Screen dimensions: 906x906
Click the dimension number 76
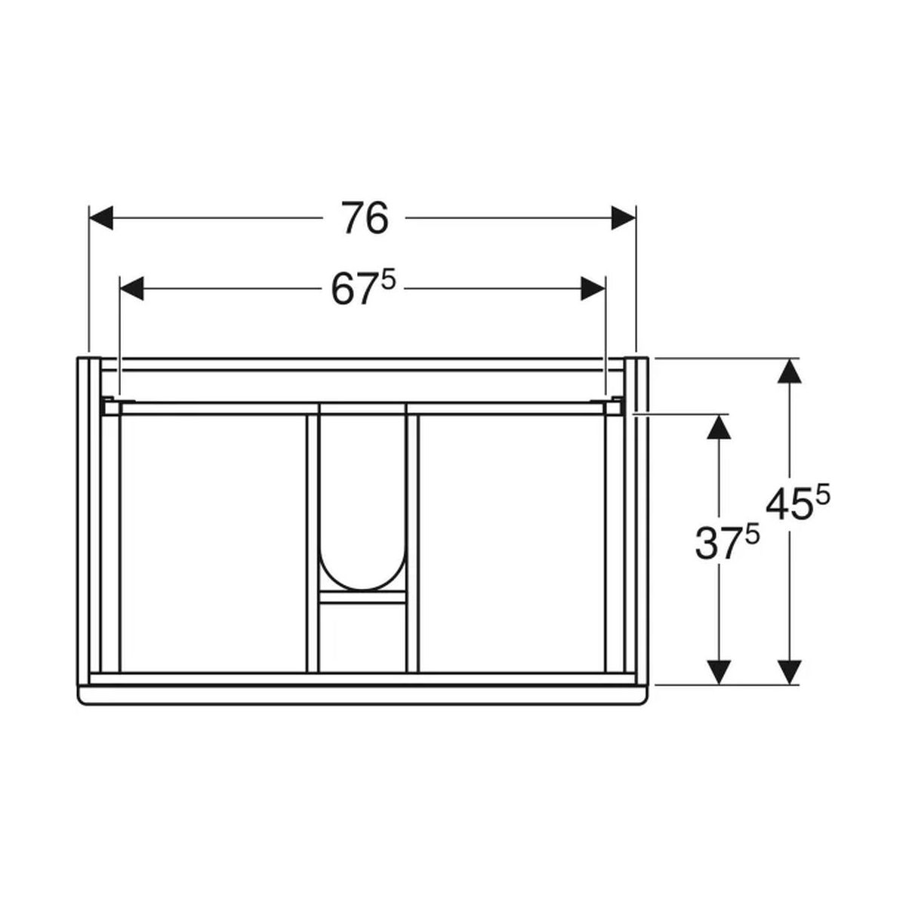365,217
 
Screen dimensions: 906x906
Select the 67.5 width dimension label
364,288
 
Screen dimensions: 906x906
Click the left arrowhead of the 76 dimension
101,217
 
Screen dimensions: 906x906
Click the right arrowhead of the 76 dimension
624,217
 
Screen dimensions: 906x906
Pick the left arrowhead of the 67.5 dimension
131,288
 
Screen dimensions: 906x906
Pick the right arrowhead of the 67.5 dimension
593,288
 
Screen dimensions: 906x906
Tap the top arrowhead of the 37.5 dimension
719,427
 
